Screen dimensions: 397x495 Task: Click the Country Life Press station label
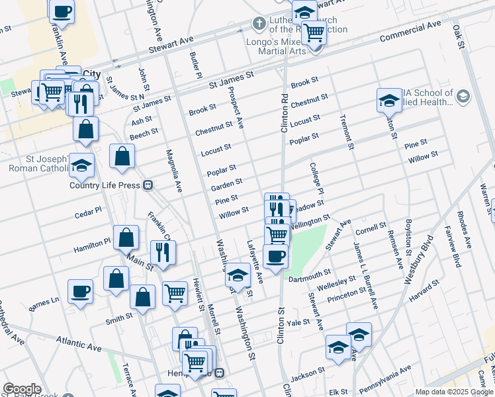[105, 185]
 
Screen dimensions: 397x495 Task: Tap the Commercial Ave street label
[410, 30]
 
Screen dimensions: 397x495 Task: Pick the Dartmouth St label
[310, 275]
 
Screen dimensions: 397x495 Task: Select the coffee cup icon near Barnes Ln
[81, 291]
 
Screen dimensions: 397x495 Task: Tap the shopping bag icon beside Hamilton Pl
[126, 237]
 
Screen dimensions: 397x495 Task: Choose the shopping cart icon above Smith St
[175, 292]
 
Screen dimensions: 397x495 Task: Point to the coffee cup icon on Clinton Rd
[275, 255]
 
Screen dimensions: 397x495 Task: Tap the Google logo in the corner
[22, 389]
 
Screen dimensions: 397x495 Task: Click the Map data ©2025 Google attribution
[453, 392]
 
